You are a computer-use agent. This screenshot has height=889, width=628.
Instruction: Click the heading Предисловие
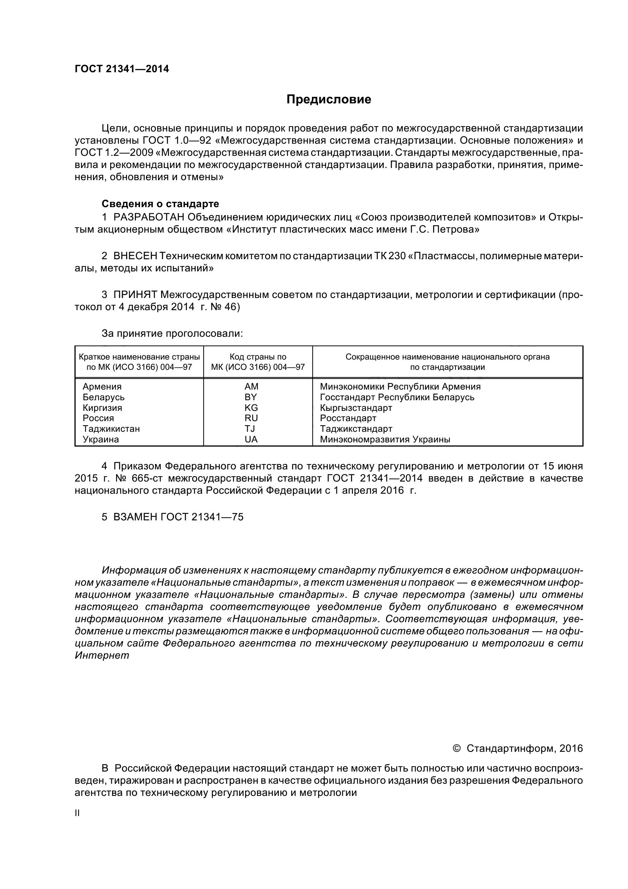point(329,100)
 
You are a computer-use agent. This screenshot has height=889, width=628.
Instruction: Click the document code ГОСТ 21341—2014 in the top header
point(122,69)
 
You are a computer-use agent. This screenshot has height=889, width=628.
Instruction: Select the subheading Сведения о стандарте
point(160,204)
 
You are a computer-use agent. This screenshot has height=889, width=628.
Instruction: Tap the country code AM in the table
point(252,387)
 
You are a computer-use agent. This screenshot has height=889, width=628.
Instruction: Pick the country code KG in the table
point(252,408)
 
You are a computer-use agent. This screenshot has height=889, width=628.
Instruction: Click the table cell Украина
point(101,439)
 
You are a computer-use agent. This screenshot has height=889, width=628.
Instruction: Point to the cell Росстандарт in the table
point(348,418)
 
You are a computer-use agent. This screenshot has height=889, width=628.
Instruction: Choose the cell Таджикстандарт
point(356,429)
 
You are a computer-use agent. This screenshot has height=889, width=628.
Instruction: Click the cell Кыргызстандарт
point(356,408)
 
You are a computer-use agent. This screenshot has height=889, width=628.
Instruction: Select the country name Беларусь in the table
point(104,397)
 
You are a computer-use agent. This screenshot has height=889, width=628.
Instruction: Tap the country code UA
point(252,439)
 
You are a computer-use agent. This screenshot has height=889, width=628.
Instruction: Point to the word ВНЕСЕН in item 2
point(135,256)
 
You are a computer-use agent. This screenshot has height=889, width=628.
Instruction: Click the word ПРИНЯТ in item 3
point(135,295)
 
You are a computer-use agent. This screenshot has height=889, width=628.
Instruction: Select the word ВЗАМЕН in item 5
point(135,517)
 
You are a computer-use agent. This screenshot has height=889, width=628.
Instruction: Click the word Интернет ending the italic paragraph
point(102,656)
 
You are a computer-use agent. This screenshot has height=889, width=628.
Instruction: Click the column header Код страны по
point(258,357)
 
